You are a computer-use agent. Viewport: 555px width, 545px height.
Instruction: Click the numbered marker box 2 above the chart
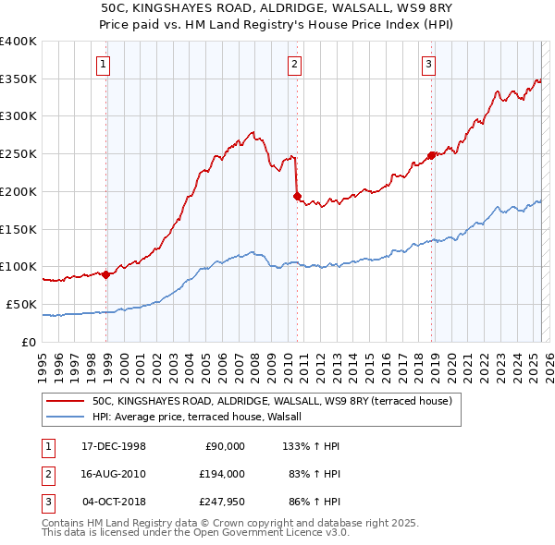(x=293, y=64)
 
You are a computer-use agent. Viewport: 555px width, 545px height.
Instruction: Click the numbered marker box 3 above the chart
(x=429, y=64)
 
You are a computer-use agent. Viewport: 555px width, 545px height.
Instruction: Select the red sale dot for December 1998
(x=106, y=273)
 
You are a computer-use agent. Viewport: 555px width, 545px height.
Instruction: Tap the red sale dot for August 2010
(x=297, y=196)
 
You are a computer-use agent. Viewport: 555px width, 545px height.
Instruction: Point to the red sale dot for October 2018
(x=431, y=155)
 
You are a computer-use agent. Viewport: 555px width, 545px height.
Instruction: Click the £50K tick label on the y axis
(x=21, y=304)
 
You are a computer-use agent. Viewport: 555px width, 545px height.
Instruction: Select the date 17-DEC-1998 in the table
(x=114, y=446)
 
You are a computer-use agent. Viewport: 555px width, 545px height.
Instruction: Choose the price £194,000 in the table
(x=221, y=473)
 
